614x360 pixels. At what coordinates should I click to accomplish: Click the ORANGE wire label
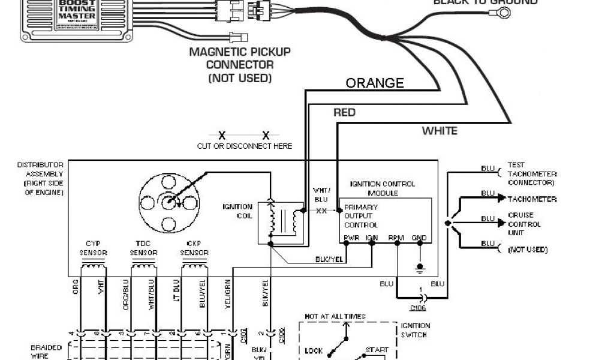[375, 83]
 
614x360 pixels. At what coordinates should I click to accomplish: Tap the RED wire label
[344, 113]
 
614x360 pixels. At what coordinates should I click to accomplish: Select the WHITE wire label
[440, 131]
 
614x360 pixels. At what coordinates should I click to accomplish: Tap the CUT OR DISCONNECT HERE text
[245, 146]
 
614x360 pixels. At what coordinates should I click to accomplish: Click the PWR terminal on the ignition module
[351, 238]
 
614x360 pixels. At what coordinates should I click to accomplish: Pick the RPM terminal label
[396, 238]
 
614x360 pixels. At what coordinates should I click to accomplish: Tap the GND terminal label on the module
[419, 238]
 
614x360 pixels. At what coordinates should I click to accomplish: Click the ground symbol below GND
[420, 266]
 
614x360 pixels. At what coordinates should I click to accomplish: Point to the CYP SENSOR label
[93, 248]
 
